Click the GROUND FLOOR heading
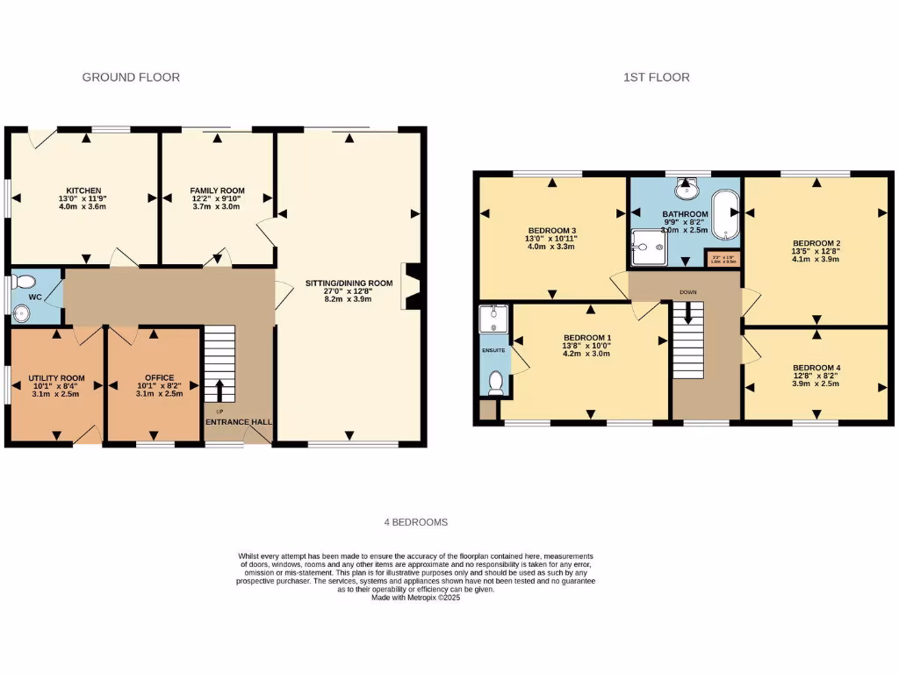[x=131, y=77]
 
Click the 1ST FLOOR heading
[x=656, y=77]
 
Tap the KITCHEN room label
[x=83, y=190]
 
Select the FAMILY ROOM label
[x=217, y=190]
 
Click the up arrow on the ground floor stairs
[x=219, y=390]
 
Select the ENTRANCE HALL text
[x=239, y=422]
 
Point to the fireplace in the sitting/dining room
[x=412, y=286]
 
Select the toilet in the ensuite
[x=495, y=383]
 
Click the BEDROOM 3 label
[x=551, y=231]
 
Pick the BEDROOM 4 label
[x=816, y=368]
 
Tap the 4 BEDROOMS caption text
[x=415, y=522]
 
